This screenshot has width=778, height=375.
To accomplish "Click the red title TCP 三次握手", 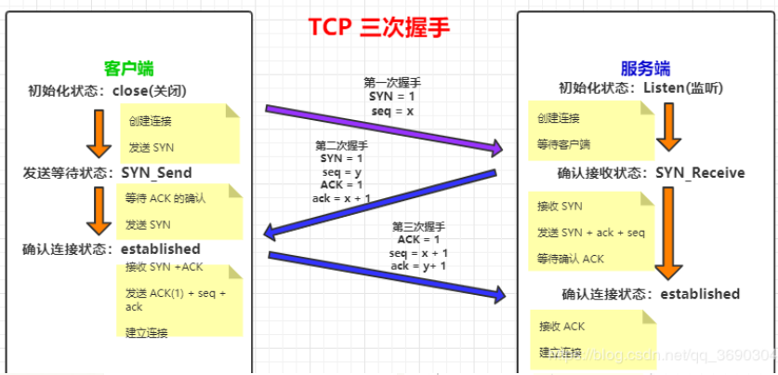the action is [379, 27].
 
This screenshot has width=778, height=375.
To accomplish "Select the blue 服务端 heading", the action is [645, 68].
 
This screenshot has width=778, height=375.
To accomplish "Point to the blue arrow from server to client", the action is [379, 204].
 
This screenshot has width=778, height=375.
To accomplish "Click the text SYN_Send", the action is [156, 173].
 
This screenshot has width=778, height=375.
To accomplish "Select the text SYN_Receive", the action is [700, 173].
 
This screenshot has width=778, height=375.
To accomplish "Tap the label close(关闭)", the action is [150, 91].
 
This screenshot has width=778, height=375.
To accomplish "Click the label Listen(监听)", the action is [683, 88].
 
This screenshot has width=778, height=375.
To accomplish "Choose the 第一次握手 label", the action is [392, 82].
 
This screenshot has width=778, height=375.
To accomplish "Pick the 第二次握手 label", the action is [342, 145].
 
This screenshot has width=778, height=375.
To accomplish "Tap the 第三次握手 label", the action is [419, 227].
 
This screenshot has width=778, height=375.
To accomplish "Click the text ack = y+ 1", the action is [418, 266].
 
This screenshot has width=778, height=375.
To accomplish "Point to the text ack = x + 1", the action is [341, 199].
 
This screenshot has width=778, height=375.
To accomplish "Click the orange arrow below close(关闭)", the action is [99, 134].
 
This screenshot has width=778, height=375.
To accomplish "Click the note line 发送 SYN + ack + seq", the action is [591, 232].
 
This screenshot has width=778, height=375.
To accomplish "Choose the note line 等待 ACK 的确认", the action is [165, 198].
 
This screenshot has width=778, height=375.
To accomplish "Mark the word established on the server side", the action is [700, 293].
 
